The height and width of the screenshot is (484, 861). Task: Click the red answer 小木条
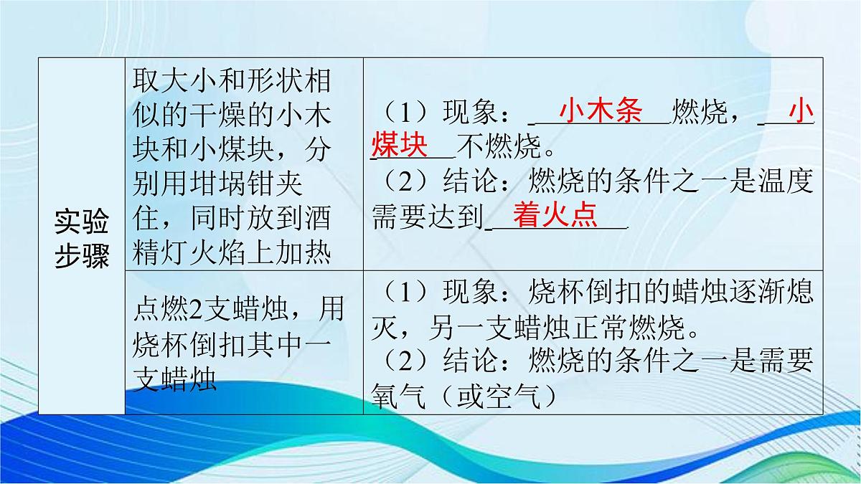point(601,113)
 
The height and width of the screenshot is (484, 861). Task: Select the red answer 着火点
point(555,217)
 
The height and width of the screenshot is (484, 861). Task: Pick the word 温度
point(786,183)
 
